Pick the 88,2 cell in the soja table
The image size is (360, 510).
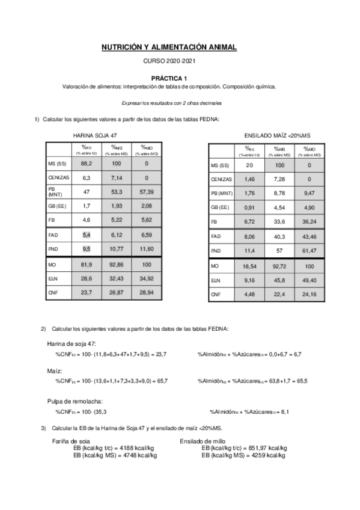tap(87, 163)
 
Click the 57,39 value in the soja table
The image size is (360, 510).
tap(146, 192)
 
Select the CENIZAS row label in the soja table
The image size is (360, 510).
tap(59, 178)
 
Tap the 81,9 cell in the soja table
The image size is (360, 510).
tap(87, 265)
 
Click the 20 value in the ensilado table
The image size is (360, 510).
tap(249, 165)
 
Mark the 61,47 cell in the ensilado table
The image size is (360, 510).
tap(309, 250)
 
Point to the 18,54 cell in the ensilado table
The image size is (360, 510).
tap(249, 265)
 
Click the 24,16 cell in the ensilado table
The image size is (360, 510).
tap(309, 294)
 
